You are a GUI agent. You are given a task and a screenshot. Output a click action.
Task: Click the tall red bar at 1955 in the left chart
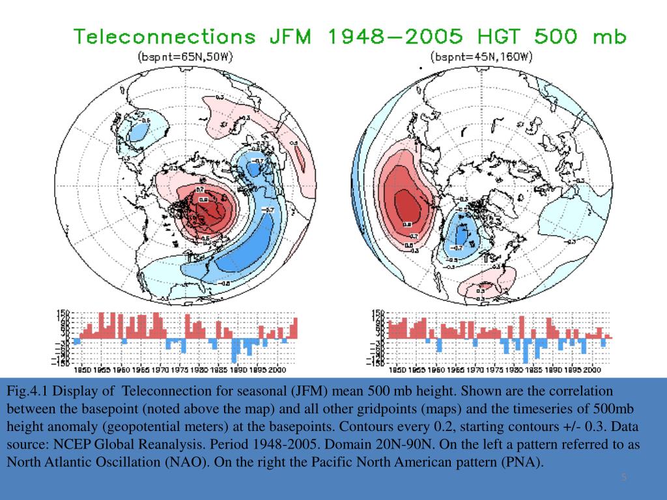[x=102, y=325]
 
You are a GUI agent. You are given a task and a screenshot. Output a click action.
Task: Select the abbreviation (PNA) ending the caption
[x=520, y=462]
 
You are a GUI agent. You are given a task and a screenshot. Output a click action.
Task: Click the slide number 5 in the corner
[x=624, y=479]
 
